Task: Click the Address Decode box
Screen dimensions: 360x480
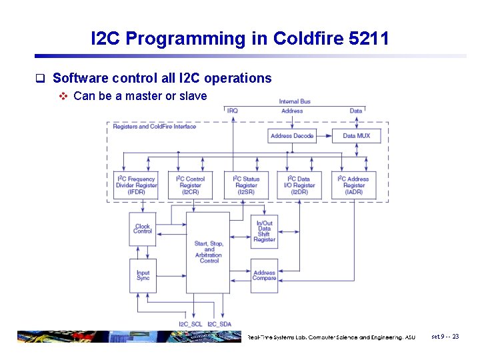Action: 292,135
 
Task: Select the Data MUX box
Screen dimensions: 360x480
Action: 356,135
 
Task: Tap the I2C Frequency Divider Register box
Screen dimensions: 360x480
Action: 137,185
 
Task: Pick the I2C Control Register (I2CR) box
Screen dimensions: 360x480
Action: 191,185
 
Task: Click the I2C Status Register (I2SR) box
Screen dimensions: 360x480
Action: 246,185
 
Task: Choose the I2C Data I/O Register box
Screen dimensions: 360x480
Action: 301,185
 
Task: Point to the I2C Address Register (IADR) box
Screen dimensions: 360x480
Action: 354,185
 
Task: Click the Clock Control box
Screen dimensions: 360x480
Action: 143,229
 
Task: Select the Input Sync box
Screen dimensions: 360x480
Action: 143,275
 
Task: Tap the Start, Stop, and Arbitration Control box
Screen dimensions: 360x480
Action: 209,252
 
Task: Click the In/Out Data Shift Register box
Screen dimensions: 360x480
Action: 265,231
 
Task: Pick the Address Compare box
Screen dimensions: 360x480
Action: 265,275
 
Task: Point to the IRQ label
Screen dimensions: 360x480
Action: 232,111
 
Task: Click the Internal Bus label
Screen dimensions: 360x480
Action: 295,101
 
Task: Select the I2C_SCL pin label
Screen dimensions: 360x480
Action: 190,324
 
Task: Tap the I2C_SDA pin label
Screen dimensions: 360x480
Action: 219,324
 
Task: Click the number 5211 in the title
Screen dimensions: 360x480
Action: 369,39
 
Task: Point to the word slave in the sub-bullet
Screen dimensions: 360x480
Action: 193,96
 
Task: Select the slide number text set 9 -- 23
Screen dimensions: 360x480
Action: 445,337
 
